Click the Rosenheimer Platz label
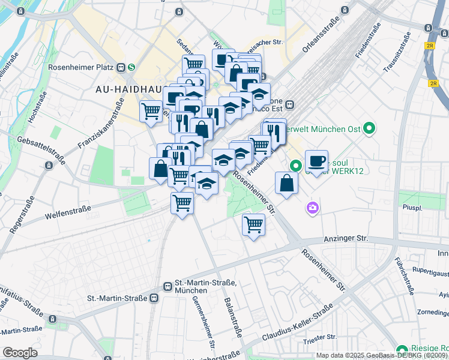click(85, 67)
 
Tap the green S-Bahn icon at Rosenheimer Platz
click(130, 67)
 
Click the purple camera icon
click(313, 208)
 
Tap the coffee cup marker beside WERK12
click(316, 161)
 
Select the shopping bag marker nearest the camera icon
click(287, 183)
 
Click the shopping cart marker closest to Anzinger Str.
click(253, 225)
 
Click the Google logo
click(20, 353)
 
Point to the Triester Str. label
click(319, 341)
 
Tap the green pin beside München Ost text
click(370, 128)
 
